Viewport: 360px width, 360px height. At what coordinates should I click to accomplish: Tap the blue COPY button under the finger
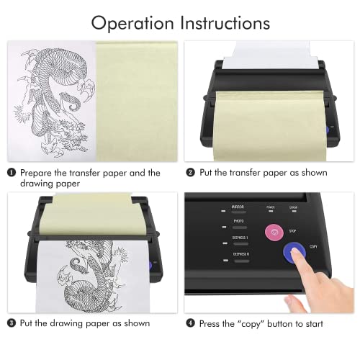pos(293,252)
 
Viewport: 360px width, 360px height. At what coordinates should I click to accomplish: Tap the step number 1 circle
pos(12,173)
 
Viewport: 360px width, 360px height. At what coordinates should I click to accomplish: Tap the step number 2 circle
pos(190,173)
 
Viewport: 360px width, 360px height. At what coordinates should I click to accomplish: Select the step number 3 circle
pos(12,323)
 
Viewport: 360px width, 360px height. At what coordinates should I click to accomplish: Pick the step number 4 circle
pos(190,323)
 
